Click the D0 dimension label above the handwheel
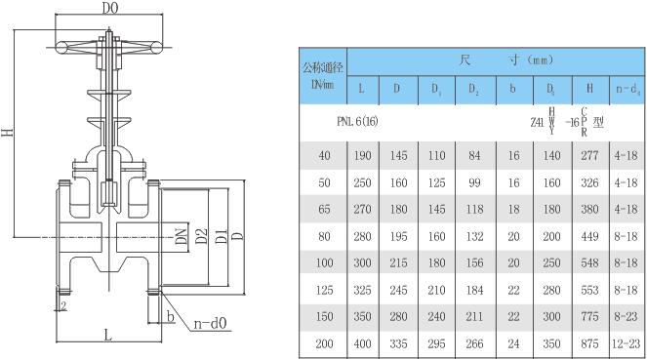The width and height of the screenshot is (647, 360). tap(109, 8)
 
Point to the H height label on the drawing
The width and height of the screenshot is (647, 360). tap(8, 133)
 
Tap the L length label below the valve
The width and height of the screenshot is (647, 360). tap(108, 335)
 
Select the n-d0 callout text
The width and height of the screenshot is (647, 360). tap(211, 323)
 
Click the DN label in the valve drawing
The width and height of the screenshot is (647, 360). tap(182, 235)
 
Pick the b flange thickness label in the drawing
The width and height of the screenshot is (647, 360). tap(171, 316)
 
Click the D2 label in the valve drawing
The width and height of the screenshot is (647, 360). tap(201, 235)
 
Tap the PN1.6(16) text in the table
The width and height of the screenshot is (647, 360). tap(357, 121)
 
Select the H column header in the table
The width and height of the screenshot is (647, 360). tap(589, 88)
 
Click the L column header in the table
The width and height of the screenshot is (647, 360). tap(361, 88)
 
